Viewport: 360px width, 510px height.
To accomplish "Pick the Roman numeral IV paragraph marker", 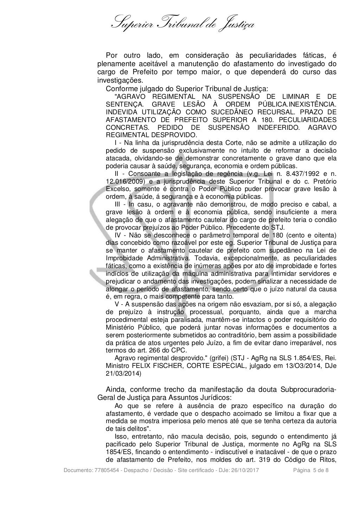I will click(119, 235).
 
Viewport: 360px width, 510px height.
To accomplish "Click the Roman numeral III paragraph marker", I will click(120, 204).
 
